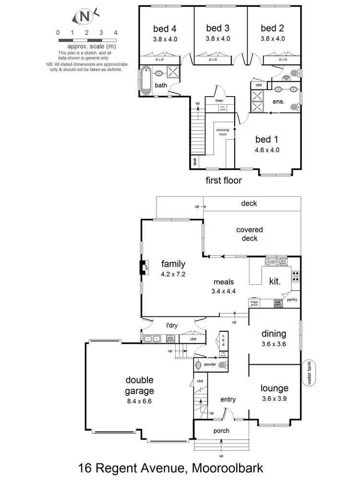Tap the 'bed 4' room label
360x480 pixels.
click(x=165, y=28)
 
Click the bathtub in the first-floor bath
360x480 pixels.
click(x=146, y=80)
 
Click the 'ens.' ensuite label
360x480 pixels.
click(x=278, y=102)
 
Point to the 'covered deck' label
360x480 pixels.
click(x=247, y=234)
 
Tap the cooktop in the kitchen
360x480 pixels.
click(x=296, y=276)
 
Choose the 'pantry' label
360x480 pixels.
click(x=292, y=300)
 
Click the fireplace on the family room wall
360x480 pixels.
click(x=143, y=267)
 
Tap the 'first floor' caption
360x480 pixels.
click(x=223, y=180)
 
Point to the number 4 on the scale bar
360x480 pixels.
click(x=116, y=33)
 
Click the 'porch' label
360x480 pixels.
click(x=221, y=431)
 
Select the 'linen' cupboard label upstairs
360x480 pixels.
click(x=219, y=100)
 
